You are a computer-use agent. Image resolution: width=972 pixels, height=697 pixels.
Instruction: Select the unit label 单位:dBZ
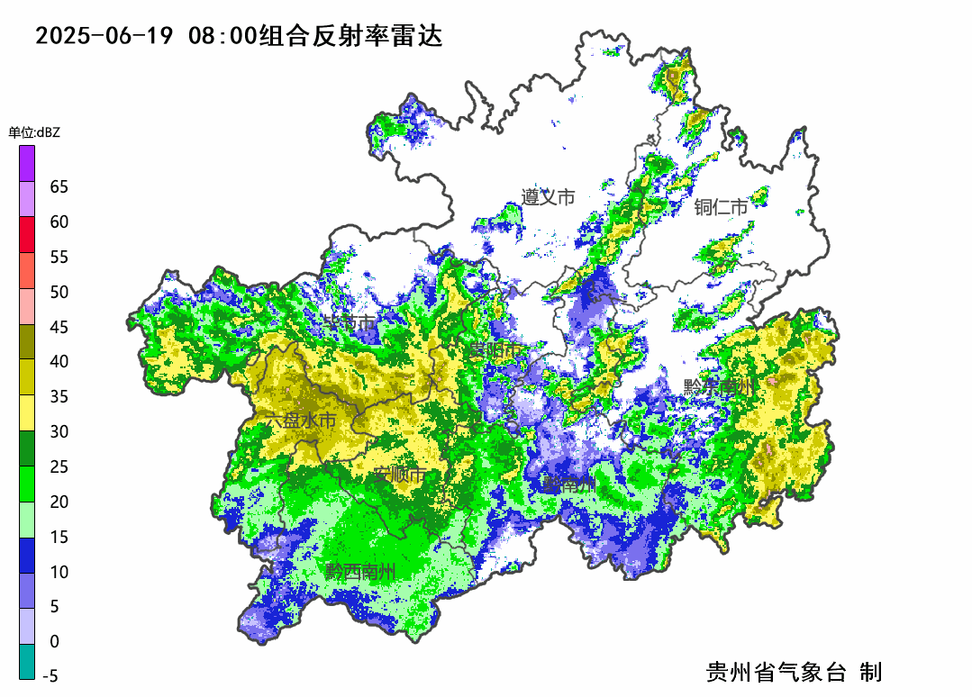[34, 132]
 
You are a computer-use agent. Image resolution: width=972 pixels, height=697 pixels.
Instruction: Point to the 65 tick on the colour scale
[59, 187]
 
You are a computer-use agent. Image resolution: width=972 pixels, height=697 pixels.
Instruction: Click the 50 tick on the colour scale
[59, 292]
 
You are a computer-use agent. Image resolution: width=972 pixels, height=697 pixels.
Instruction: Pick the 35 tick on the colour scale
[59, 397]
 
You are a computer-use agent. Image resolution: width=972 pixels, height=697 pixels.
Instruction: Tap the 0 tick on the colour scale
[54, 642]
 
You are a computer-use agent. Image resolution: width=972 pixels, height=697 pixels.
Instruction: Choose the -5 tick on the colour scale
[50, 676]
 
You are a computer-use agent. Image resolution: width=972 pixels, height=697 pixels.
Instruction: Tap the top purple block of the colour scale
[27, 163]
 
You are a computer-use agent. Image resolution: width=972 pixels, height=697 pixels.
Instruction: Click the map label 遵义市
[548, 197]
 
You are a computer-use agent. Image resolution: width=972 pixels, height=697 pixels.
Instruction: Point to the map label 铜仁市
[721, 208]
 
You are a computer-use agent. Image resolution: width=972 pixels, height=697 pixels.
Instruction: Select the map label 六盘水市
[300, 421]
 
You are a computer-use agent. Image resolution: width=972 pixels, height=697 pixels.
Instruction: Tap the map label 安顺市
[403, 475]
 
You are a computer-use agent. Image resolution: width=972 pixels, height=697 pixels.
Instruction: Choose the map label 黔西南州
[360, 572]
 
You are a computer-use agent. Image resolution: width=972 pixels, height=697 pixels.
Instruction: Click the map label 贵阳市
[494, 349]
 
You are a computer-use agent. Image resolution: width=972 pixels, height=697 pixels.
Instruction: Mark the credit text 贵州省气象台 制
[794, 672]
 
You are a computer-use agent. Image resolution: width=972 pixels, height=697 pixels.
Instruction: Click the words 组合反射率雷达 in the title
[350, 37]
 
